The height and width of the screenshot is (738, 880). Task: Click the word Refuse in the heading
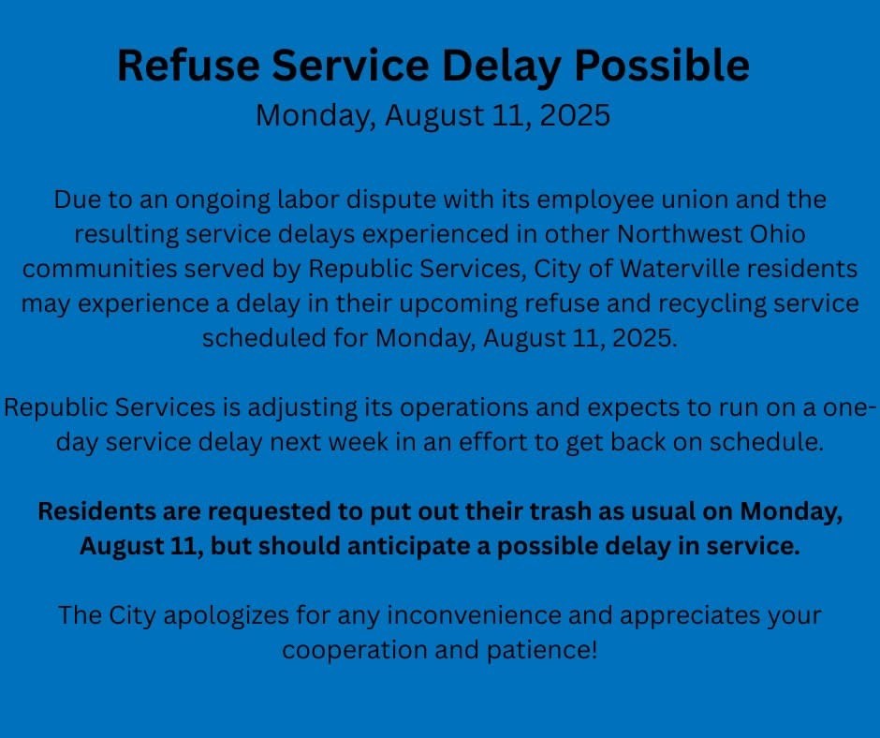188,65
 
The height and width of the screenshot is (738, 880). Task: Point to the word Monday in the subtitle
316,116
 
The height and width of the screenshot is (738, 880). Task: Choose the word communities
99,269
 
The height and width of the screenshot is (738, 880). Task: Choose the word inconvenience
475,615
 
